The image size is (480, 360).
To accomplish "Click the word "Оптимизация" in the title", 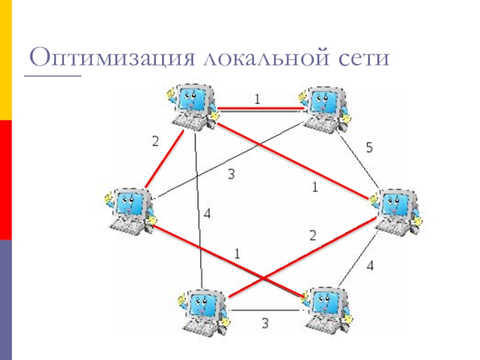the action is click(x=112, y=57).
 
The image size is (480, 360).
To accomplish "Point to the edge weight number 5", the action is click(x=370, y=148).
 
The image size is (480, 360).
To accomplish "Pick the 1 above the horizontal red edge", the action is click(x=257, y=99).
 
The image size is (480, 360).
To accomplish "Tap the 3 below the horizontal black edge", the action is click(x=265, y=323).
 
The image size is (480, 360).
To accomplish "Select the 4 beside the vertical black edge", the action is click(x=207, y=214).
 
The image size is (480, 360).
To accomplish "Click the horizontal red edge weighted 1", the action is click(x=260, y=108).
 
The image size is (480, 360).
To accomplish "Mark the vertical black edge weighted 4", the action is click(x=199, y=210).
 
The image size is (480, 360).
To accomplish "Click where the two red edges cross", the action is click(x=264, y=278).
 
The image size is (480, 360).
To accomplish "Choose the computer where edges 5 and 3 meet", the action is click(x=325, y=110).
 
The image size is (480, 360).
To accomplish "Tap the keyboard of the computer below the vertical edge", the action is click(x=200, y=328).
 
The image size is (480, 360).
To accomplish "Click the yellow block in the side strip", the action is click(x=6, y=60).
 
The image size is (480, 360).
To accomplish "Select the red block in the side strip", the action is click(x=6, y=180).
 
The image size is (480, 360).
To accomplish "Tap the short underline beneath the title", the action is click(x=52, y=75).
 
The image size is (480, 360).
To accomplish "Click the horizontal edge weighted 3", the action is click(x=265, y=311).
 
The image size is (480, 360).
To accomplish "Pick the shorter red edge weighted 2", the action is click(x=164, y=158).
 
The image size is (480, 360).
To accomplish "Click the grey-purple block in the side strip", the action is click(x=6, y=300).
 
